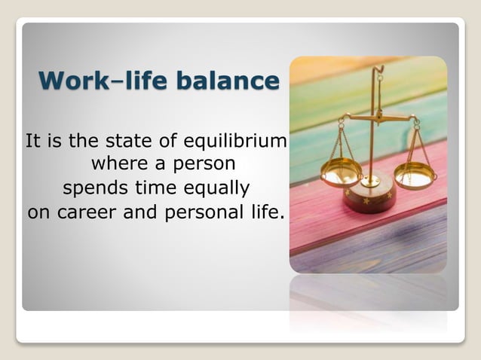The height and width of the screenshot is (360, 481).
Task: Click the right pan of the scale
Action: coord(415,176)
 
